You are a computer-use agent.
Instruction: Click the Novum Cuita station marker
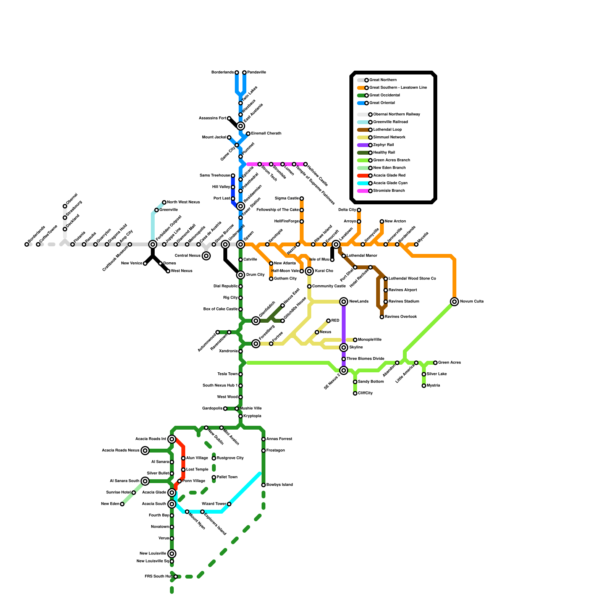(x=454, y=302)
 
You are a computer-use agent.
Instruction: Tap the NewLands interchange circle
(x=344, y=302)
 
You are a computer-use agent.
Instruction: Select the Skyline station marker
(x=344, y=348)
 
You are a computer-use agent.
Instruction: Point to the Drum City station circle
(x=241, y=275)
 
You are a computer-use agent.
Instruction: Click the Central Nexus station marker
(x=206, y=256)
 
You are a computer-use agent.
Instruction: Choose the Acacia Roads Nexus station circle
(x=145, y=451)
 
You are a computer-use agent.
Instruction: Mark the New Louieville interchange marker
(x=172, y=554)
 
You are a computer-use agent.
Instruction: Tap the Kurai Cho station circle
(x=309, y=271)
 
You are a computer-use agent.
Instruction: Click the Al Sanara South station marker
(x=145, y=481)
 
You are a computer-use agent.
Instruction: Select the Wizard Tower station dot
(x=229, y=504)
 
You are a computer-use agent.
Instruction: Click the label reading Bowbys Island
(x=280, y=485)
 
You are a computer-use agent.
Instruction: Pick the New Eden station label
(x=110, y=504)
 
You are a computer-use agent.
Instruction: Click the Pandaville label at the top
(x=257, y=73)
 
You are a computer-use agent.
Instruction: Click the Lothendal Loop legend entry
(x=387, y=130)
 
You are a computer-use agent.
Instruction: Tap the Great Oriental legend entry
(x=382, y=103)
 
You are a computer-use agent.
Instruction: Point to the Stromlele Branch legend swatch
(x=363, y=191)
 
